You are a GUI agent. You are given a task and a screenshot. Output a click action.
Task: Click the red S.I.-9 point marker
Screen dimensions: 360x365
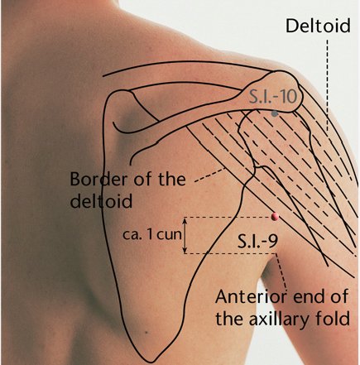tap(275, 217)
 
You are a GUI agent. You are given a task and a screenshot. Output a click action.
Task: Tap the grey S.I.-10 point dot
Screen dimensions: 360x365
tap(274, 113)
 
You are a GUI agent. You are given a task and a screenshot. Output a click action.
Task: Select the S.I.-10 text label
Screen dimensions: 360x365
tap(272, 97)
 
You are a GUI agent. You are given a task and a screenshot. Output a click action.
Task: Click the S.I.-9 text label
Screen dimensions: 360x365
tap(257, 242)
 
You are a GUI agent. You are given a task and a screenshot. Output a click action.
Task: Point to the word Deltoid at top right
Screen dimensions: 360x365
tap(318, 26)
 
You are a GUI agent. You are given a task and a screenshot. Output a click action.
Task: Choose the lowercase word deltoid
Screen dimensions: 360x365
tap(101, 201)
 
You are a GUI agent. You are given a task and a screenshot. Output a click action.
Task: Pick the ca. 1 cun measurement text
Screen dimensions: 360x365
tap(152, 235)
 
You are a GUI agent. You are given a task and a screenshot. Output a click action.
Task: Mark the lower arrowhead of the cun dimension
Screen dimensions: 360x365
tap(185, 251)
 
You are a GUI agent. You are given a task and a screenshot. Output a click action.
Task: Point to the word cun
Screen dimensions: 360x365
tap(170, 235)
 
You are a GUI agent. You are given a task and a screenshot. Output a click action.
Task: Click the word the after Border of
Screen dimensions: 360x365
tap(172, 179)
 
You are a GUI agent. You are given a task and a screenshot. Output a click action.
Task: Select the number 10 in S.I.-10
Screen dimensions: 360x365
tap(286, 97)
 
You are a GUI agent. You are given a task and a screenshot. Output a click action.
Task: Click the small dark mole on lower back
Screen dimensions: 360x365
tap(146, 333)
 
